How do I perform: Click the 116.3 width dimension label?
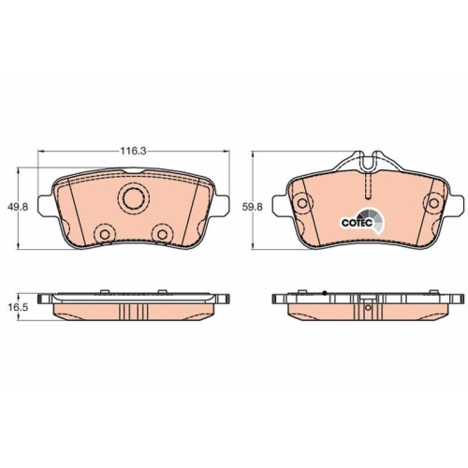click(133, 152)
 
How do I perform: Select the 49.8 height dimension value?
click(18, 207)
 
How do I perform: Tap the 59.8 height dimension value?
click(253, 207)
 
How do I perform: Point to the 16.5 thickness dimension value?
click(18, 307)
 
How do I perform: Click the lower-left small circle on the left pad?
click(105, 234)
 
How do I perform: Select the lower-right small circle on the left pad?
click(162, 234)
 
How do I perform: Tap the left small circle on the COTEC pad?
click(301, 203)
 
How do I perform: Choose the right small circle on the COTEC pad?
click(433, 203)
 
